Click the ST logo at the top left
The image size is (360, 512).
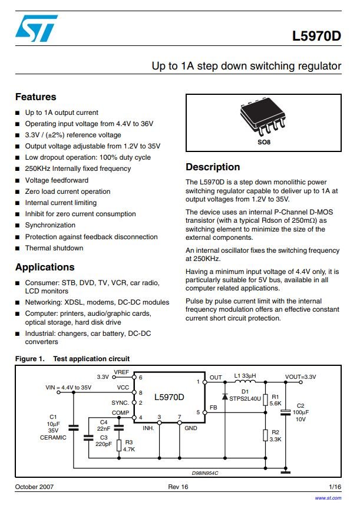click(x=37, y=28)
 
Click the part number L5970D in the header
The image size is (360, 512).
click(x=316, y=36)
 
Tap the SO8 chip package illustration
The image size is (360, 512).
click(x=263, y=116)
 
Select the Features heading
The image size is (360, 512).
click(x=35, y=97)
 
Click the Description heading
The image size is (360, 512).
click(x=213, y=167)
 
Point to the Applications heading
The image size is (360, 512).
click(x=45, y=267)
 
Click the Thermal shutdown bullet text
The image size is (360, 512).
click(x=54, y=248)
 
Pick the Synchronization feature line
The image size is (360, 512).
click(x=50, y=225)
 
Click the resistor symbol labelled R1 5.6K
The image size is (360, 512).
click(x=266, y=399)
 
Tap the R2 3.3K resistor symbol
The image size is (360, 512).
click(x=266, y=435)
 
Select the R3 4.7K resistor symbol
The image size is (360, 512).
click(x=119, y=445)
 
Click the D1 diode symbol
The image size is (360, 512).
click(x=224, y=396)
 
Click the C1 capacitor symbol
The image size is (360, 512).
click(x=74, y=428)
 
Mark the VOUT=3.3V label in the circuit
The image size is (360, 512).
click(x=300, y=377)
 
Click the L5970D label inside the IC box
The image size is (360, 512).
click(x=169, y=397)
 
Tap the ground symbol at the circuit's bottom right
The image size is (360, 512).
click(x=286, y=472)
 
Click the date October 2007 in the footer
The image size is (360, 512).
click(x=34, y=487)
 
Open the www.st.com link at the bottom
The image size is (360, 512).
click(x=328, y=498)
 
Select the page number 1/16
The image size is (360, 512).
click(x=335, y=487)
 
